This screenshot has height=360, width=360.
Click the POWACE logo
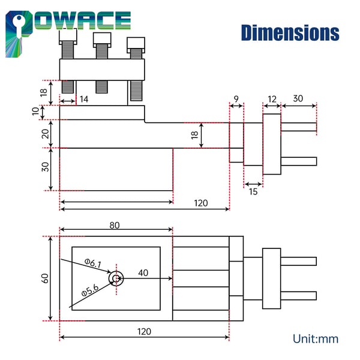[68, 32]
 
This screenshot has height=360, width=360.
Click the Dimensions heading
[290, 33]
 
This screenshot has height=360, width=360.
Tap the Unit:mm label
[316, 339]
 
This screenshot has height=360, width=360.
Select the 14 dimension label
[84, 99]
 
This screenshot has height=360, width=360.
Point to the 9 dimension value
[236, 99]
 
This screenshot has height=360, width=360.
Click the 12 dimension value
[272, 99]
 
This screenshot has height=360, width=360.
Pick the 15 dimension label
[253, 192]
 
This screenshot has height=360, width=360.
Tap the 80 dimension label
[115, 225]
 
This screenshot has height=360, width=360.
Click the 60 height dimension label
[45, 278]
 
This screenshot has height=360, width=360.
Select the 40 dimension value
[143, 273]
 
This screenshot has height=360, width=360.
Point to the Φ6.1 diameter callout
[93, 263]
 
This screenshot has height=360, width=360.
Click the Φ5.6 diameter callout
[90, 290]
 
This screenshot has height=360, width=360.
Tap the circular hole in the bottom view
[116, 278]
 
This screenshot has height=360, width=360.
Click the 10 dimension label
[35, 112]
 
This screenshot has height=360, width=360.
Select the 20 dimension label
[45, 134]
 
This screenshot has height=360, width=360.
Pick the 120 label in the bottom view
[144, 332]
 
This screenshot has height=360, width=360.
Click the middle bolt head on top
[102, 40]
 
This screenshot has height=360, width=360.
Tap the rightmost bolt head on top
[136, 45]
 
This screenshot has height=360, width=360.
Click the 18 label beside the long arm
[194, 135]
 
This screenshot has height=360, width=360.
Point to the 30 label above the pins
[298, 98]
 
